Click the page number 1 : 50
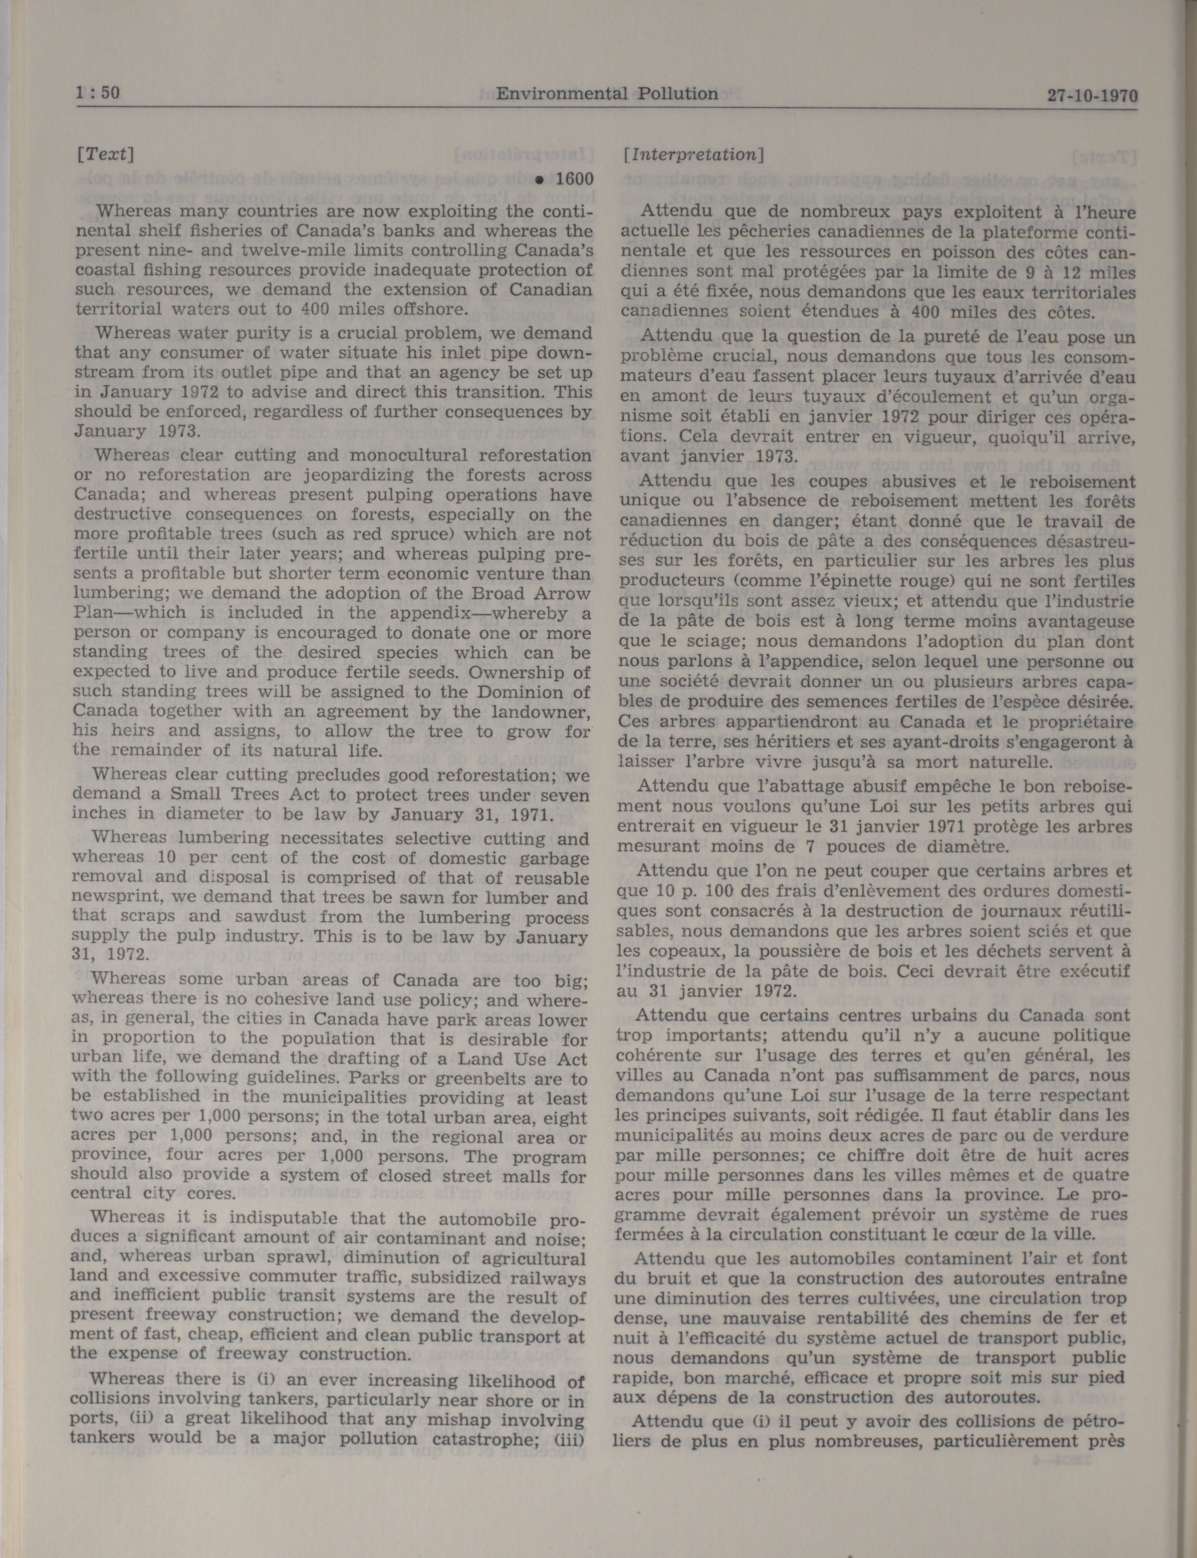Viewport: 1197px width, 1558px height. coord(98,93)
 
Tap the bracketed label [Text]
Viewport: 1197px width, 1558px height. coord(105,154)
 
